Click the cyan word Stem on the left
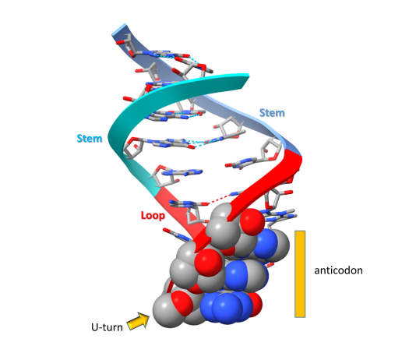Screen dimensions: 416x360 90,139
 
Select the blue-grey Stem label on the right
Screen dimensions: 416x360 272,113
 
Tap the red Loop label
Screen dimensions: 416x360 153,215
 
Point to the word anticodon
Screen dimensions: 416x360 338,270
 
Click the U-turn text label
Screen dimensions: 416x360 107,327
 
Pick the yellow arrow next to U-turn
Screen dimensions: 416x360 138,321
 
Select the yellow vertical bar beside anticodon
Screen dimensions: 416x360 300,274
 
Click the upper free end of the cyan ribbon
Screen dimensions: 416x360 246,79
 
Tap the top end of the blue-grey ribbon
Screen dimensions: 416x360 119,30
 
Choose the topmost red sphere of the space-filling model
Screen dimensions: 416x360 252,221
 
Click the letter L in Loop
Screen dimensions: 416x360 143,215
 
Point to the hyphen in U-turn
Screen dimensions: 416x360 100,328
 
